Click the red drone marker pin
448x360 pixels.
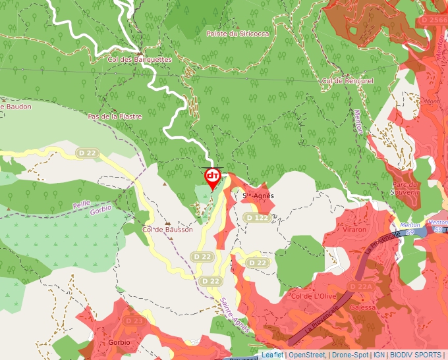tap(212, 178)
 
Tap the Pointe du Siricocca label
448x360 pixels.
tap(238, 34)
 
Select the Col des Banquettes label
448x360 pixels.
tap(139, 59)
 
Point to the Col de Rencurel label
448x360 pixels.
tap(347, 80)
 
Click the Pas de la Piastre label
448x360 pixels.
tap(115, 116)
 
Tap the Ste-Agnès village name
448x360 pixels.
tap(258, 195)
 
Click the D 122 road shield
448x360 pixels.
tap(256, 217)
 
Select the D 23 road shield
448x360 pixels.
tap(134, 321)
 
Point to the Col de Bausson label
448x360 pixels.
tap(167, 230)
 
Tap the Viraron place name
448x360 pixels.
tap(354, 230)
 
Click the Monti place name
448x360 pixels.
tap(433, 101)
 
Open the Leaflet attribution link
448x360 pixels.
tap(272, 355)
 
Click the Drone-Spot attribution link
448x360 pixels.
tap(350, 355)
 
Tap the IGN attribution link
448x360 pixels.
tap(379, 355)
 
